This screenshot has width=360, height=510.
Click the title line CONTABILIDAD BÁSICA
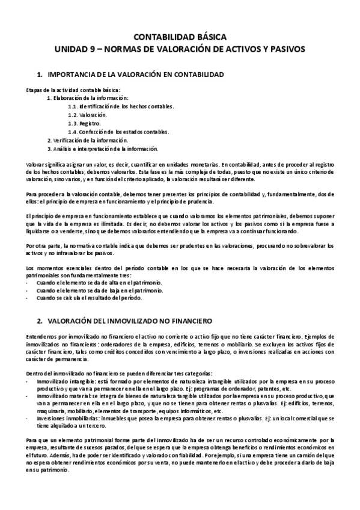[x=180, y=37]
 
